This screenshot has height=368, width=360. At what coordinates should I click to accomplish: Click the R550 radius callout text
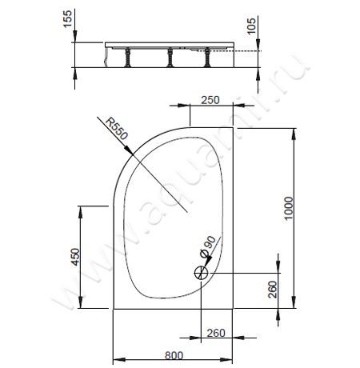click(113, 130)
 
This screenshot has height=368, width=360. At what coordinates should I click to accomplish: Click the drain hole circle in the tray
click(199, 273)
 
